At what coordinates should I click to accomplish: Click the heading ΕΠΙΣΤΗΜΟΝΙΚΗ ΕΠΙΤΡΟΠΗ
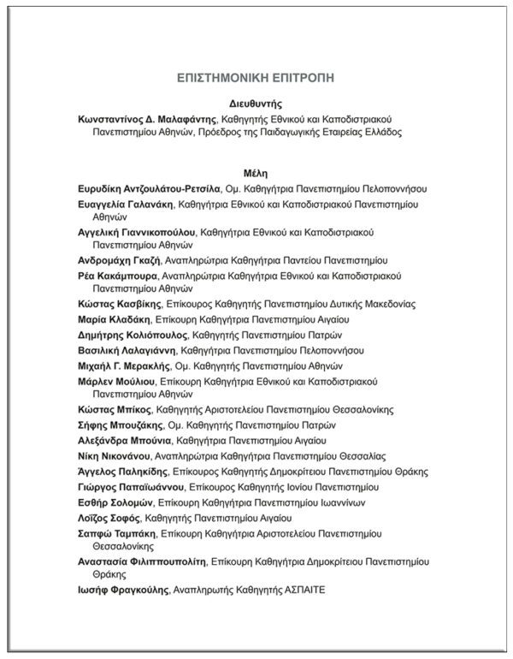click(x=256, y=77)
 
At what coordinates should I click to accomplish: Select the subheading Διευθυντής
click(x=256, y=103)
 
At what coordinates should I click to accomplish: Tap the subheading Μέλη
click(x=256, y=172)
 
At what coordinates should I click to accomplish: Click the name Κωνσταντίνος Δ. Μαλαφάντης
click(x=148, y=119)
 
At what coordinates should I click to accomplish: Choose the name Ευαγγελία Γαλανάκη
click(x=125, y=205)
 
